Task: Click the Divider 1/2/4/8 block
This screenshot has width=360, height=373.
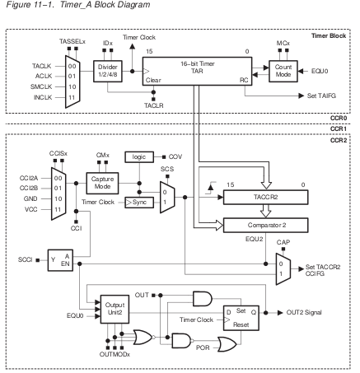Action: tap(108, 71)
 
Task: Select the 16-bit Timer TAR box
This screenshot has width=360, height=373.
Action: tap(197, 71)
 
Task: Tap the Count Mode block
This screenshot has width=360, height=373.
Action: tap(283, 71)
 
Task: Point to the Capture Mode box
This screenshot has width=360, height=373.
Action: tap(102, 183)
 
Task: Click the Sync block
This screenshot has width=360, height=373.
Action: tap(139, 203)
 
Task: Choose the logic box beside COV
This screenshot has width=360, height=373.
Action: tap(139, 157)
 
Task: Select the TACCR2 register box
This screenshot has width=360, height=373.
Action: tap(265, 198)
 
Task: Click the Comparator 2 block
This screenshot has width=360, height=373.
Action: tap(265, 225)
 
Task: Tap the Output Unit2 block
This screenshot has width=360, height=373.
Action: tap(115, 309)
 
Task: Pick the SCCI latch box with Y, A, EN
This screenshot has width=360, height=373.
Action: tap(60, 260)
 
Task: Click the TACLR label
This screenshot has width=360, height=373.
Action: tap(154, 105)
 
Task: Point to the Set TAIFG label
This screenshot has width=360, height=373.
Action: tap(321, 96)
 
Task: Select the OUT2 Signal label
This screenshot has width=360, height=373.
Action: tap(304, 312)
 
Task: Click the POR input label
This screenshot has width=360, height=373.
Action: tap(203, 347)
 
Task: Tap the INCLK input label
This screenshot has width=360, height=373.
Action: tap(43, 97)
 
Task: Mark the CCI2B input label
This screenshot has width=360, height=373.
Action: tap(29, 189)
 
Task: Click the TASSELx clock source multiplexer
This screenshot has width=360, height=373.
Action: tap(72, 82)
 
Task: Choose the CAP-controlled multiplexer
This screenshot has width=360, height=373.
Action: tap(283, 269)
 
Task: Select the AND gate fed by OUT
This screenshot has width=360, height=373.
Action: tap(203, 299)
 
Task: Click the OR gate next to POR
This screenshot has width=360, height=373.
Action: tap(227, 345)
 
